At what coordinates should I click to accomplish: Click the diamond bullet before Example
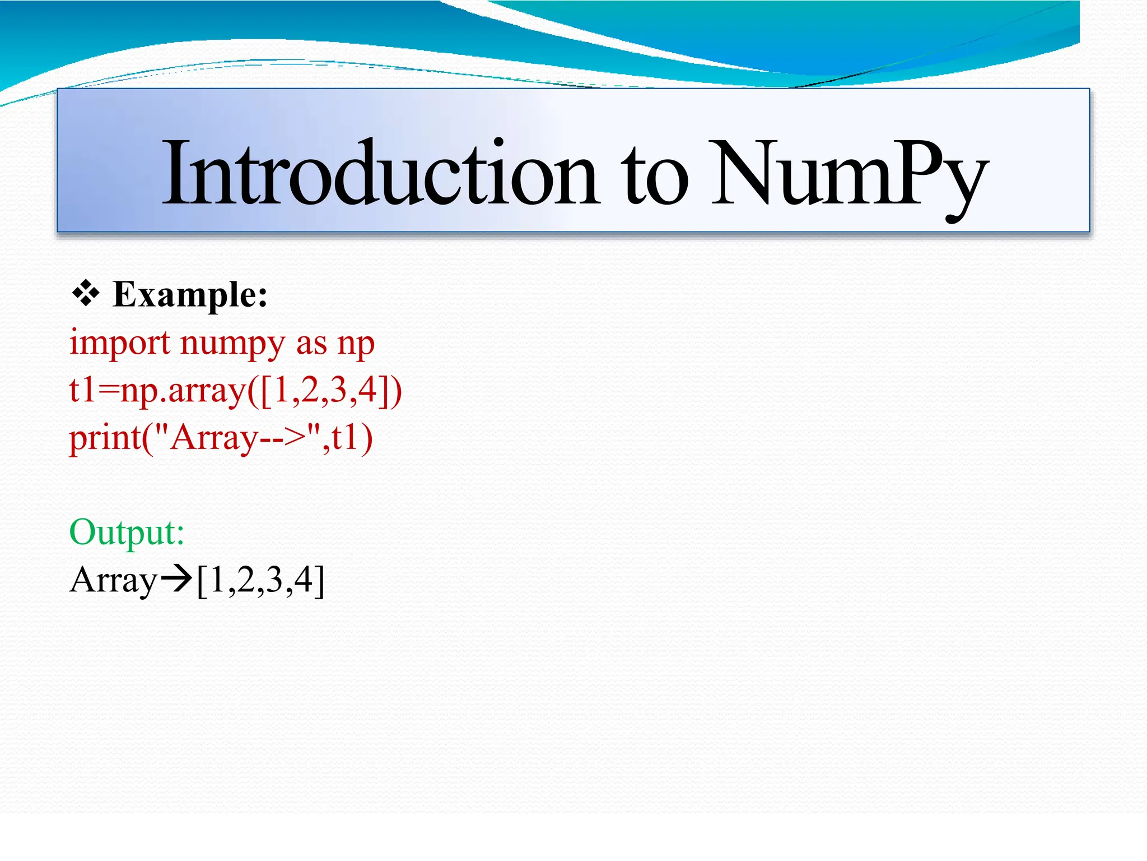(86, 294)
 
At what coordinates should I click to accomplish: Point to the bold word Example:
(190, 295)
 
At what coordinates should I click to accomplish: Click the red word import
(119, 343)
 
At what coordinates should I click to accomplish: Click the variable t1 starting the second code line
(82, 390)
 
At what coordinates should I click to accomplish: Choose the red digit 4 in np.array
(367, 390)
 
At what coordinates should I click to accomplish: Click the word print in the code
(105, 438)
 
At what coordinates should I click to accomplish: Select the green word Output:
(127, 532)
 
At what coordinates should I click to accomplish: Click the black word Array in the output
(114, 581)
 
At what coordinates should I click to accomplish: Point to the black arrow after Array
(176, 580)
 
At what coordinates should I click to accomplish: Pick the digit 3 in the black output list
(274, 580)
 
